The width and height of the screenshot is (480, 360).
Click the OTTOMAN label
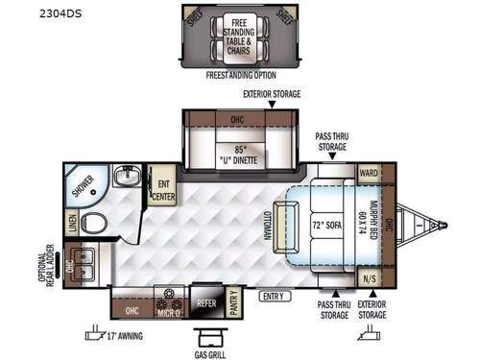(265, 224)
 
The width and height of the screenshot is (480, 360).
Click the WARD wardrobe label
(369, 174)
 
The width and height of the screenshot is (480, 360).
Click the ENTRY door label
(275, 296)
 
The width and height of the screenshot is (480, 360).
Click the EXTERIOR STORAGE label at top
(272, 94)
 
